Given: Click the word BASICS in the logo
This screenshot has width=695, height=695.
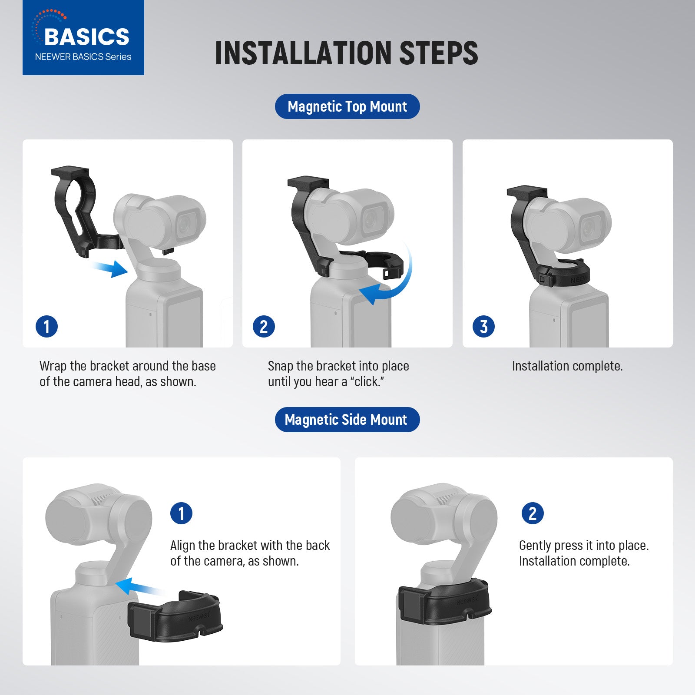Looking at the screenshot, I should [x=86, y=36].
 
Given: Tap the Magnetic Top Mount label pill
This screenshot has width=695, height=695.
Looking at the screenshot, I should [x=347, y=106].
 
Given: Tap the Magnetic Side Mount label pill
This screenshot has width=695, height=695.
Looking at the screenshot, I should [x=347, y=420].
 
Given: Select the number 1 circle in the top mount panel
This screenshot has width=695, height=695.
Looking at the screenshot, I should [x=46, y=327].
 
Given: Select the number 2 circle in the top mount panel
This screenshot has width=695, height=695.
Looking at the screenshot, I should [x=264, y=327].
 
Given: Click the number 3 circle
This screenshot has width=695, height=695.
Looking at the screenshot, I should [x=483, y=327].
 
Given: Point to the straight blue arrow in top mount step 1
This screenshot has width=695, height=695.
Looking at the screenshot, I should [x=111, y=269].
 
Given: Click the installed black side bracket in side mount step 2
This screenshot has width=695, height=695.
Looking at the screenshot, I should [x=445, y=602].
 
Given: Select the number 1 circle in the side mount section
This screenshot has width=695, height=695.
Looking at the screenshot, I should [x=181, y=513].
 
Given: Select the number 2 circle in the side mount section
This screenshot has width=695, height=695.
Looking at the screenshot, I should [x=532, y=513].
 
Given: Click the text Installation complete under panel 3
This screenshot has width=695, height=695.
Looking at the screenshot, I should [x=567, y=366].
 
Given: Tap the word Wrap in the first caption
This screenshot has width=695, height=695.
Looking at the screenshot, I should [x=53, y=366].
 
